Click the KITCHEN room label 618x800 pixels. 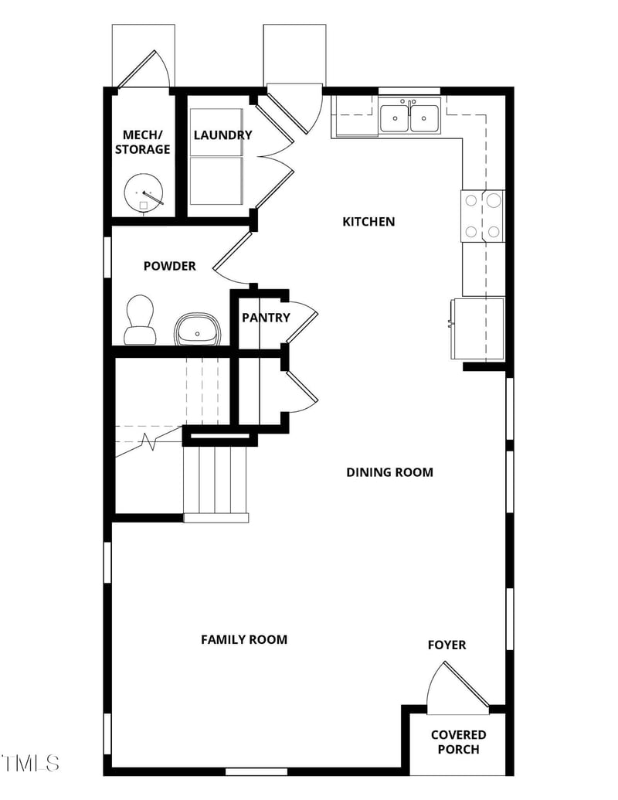point(368,221)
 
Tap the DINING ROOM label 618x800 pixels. point(389,472)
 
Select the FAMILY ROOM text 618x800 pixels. point(244,639)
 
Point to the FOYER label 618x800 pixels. point(447,645)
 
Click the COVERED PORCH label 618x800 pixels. point(458,742)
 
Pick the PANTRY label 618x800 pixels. point(266,318)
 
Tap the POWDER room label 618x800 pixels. point(169,266)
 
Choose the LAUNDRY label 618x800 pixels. point(222,135)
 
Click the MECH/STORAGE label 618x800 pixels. point(142,142)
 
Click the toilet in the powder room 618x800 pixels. point(140,319)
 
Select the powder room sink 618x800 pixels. point(197,329)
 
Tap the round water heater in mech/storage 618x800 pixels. point(144,194)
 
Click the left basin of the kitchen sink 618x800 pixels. point(394,118)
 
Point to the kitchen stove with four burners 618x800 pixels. point(482,216)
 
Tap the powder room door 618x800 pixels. point(232,259)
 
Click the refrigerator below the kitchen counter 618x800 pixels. point(477,329)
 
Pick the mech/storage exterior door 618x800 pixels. point(143,69)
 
